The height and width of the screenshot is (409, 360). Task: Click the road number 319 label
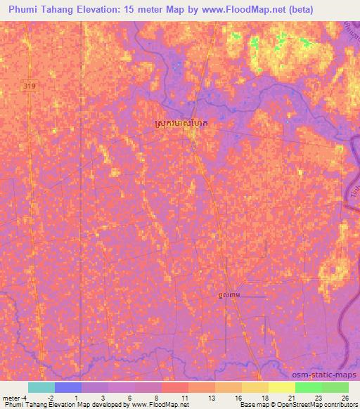coord(27,85)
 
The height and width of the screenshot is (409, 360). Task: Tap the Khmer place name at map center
coord(181,123)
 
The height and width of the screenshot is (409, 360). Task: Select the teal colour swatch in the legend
coord(41,387)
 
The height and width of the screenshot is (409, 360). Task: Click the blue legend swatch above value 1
coord(68,387)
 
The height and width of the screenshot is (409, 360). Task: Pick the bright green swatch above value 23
coord(309,387)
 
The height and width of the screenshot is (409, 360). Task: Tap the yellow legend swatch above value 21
coord(282,387)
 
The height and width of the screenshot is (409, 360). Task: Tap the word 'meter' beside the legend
coord(12,398)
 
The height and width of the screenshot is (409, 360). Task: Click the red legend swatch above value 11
coord(175,387)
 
